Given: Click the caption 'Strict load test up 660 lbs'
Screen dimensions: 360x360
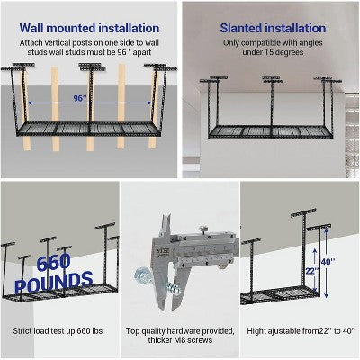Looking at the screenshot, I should pyautogui.click(x=59, y=332).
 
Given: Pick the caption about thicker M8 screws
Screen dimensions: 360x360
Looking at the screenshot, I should pyautogui.click(x=179, y=337).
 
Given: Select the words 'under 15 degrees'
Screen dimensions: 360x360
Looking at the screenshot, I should pyautogui.click(x=270, y=54).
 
